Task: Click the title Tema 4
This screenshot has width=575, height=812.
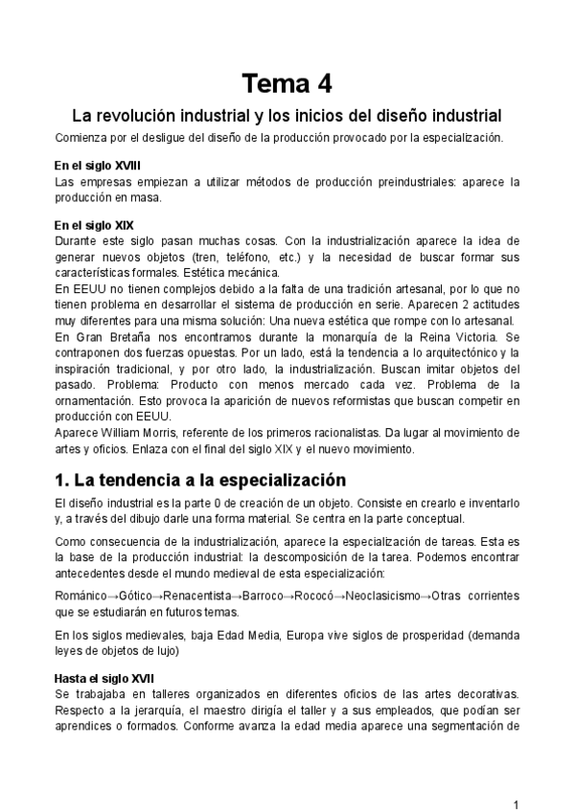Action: click(287, 84)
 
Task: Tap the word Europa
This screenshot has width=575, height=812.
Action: click(283, 635)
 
